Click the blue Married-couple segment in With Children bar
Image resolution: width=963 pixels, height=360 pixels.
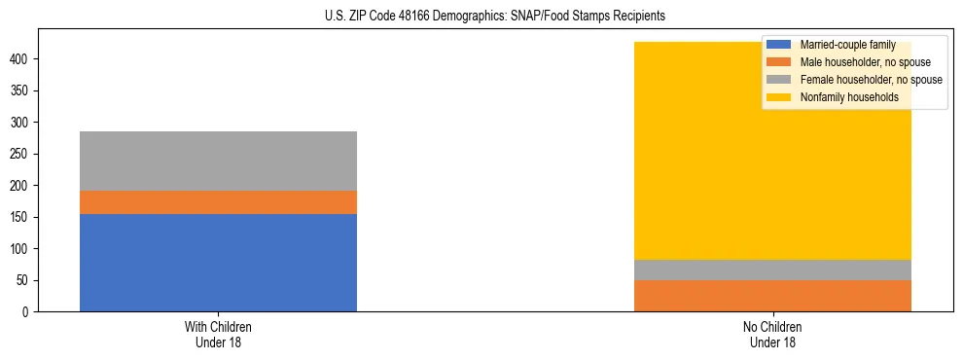[x=218, y=263]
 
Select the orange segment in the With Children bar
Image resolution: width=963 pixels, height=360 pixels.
[x=218, y=202]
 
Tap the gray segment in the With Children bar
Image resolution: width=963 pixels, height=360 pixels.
[x=218, y=161]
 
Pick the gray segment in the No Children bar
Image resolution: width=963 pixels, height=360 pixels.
[x=772, y=270]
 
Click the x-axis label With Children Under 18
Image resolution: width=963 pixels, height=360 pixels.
[x=218, y=334]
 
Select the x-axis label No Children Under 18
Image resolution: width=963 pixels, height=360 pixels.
[x=772, y=334]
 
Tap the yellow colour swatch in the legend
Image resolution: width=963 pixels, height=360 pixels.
[x=779, y=97]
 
